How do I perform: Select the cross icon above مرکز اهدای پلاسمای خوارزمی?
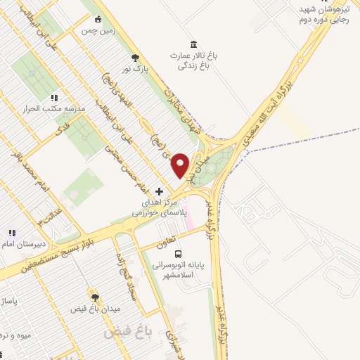coord(160,191)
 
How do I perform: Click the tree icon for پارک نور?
coord(136,59)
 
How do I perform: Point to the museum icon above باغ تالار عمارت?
coord(194,44)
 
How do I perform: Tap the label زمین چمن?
coord(96,31)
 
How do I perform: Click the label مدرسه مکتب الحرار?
coord(55,110)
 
